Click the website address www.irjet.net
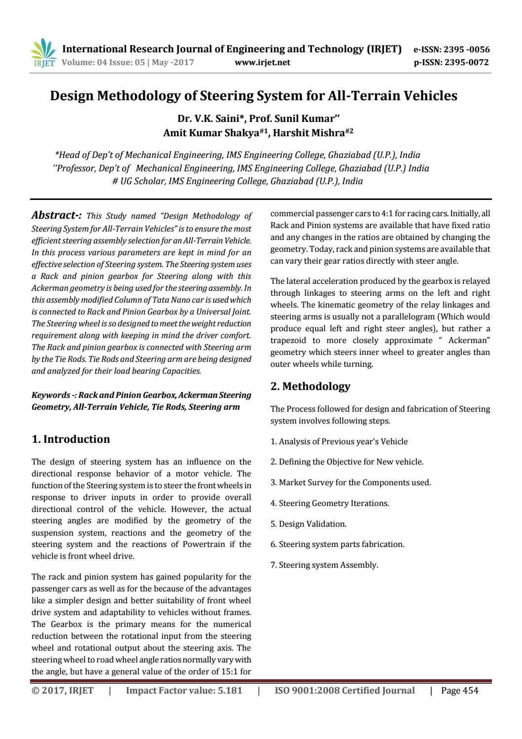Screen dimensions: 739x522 click(x=263, y=62)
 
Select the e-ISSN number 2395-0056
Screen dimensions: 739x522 click(x=466, y=49)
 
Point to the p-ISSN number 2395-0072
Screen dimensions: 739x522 click(x=466, y=62)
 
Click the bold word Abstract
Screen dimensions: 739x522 click(x=55, y=215)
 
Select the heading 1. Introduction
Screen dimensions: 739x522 click(x=70, y=439)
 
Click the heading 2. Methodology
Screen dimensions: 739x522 click(x=311, y=386)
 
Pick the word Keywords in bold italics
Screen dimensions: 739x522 click(x=51, y=395)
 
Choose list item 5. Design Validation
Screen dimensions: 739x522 click(x=308, y=524)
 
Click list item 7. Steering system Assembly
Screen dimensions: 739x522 click(x=324, y=565)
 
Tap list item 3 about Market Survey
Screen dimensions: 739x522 click(x=350, y=482)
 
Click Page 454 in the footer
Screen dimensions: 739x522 click(x=459, y=691)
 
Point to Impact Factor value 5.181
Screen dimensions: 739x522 click(x=184, y=691)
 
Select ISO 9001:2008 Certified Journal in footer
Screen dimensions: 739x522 click(x=344, y=691)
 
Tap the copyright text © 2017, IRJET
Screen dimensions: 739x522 click(x=62, y=691)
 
